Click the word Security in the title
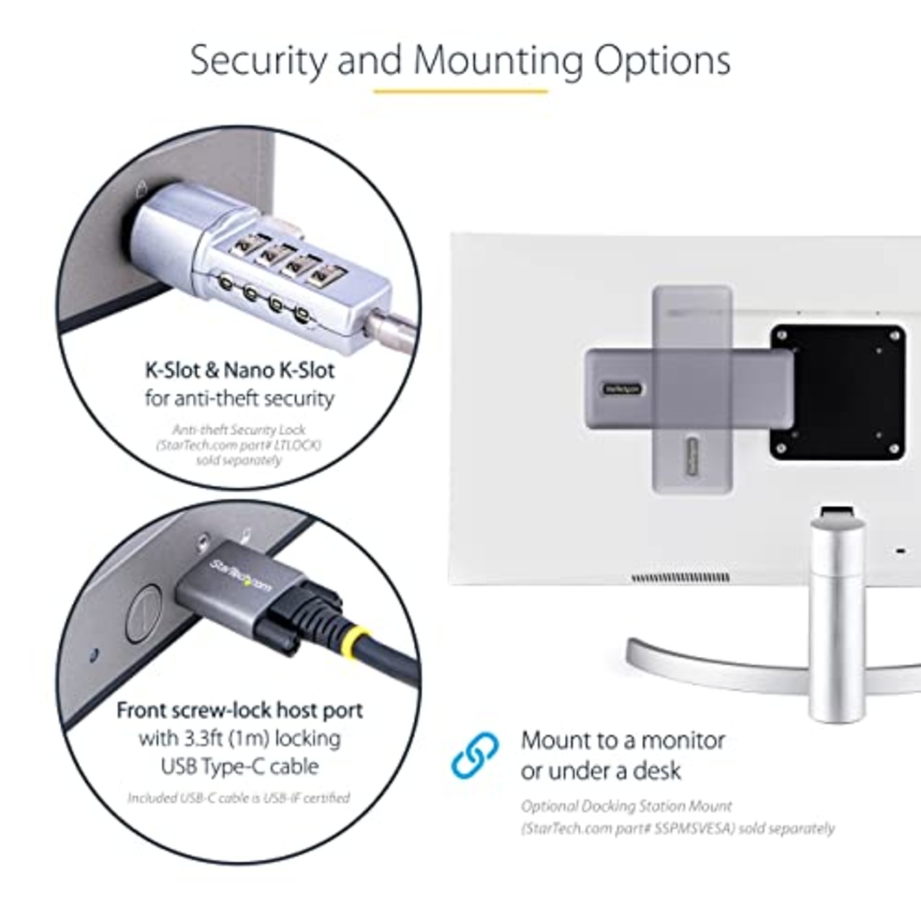tap(258, 60)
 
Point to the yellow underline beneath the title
tap(460, 91)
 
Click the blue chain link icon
tap(475, 755)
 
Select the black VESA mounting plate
tap(838, 392)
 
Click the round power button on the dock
tap(143, 613)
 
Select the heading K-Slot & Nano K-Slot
tap(240, 371)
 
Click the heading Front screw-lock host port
tap(240, 710)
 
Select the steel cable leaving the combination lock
tap(392, 330)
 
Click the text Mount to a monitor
tap(623, 740)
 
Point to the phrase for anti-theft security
tap(240, 398)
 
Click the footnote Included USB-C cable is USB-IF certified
tap(239, 798)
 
